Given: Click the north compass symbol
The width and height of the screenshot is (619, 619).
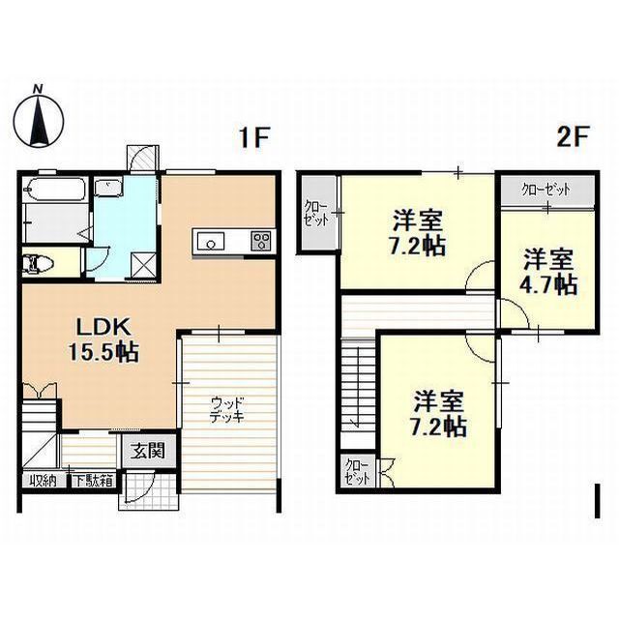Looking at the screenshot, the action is [39, 117].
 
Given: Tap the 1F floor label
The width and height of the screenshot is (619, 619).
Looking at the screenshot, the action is [254, 137].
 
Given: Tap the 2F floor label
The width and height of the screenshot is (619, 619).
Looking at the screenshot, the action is [573, 136].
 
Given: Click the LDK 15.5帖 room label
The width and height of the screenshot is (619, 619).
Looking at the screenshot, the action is [103, 339].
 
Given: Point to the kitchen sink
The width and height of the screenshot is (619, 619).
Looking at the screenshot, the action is [211, 241].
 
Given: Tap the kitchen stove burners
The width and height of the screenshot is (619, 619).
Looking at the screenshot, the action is [261, 241].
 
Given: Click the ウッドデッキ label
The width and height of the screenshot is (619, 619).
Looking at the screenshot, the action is [227, 410].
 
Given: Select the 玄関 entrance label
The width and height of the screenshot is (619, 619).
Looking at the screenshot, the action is [148, 451].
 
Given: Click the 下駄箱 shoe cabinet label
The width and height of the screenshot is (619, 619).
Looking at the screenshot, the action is [95, 481].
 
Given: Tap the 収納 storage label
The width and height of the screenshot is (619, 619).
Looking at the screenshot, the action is [43, 481].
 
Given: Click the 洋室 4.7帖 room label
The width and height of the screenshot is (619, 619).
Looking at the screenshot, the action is [550, 272].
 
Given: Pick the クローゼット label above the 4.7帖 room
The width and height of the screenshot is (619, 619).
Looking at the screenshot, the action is [545, 190].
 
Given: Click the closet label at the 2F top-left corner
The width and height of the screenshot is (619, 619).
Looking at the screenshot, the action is [316, 214].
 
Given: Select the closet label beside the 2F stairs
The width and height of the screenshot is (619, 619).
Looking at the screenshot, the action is [357, 472].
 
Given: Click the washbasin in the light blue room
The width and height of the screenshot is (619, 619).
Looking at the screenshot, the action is [107, 186].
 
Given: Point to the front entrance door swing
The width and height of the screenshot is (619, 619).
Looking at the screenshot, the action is [138, 487].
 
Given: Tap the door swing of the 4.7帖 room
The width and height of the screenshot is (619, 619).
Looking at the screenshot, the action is [514, 312].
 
